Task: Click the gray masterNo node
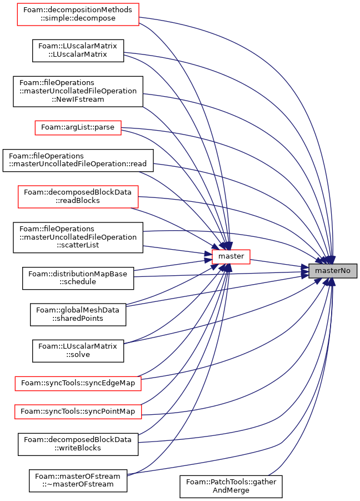[332, 271]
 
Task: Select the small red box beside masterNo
[231, 257]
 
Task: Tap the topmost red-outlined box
[78, 14]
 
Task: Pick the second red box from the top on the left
[78, 128]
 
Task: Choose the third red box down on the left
[78, 197]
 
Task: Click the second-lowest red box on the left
[78, 384]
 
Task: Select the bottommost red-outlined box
[78, 412]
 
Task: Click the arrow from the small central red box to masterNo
[278, 264]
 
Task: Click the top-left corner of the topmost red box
[17, 3]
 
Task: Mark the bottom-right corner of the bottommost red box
[142, 419]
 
